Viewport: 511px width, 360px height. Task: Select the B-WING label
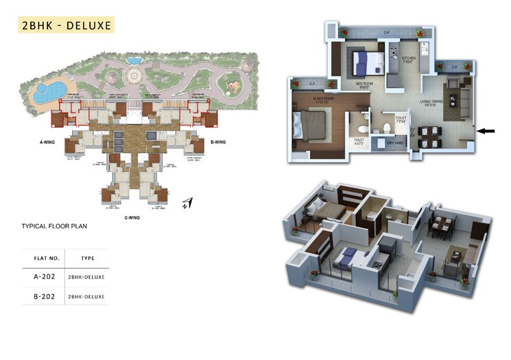pyautogui.click(x=219, y=143)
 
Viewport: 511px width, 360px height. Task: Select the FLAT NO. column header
pyautogui.click(x=48, y=259)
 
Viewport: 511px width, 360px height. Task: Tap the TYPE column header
pyautogui.click(x=87, y=259)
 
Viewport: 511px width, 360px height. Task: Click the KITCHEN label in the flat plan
pyautogui.click(x=409, y=59)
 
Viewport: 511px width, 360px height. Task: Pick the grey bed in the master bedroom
pyautogui.click(x=307, y=127)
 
